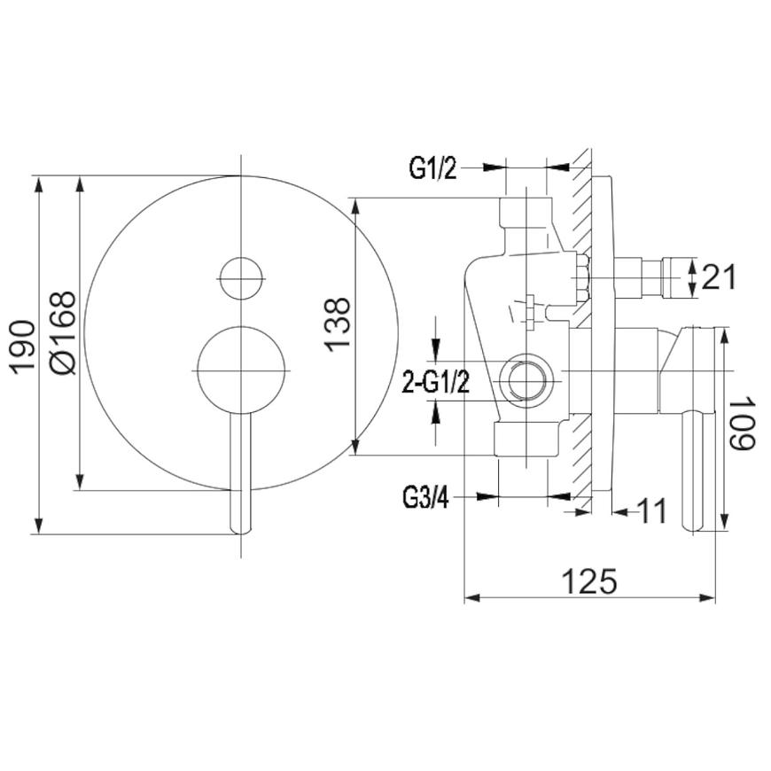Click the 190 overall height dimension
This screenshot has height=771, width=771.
[x=24, y=347]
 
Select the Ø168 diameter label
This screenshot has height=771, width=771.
[x=64, y=333]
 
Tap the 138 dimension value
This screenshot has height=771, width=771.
[x=338, y=324]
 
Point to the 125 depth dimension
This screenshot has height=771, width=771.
[x=589, y=581]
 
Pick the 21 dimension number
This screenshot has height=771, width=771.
[x=719, y=276]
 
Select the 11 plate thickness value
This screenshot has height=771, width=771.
[x=651, y=510]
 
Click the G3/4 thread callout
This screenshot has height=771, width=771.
[x=425, y=497]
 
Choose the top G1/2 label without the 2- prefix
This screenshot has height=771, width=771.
[x=433, y=168]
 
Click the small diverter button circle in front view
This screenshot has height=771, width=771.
[x=241, y=277]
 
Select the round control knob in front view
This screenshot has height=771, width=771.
[x=241, y=370]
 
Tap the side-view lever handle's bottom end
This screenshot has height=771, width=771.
[x=693, y=526]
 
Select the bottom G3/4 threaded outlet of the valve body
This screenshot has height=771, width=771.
[x=526, y=439]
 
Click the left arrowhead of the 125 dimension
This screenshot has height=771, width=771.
[x=472, y=597]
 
